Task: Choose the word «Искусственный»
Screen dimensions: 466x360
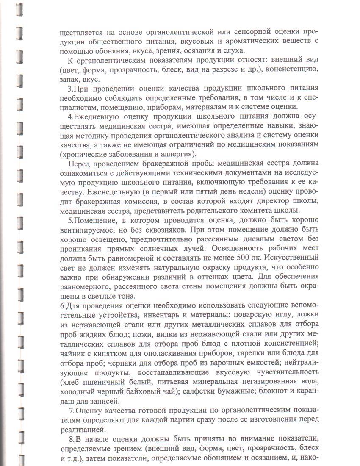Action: [x=292, y=257]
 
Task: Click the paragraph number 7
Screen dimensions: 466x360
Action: [x=70, y=411]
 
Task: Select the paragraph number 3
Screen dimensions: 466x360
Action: [x=69, y=89]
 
